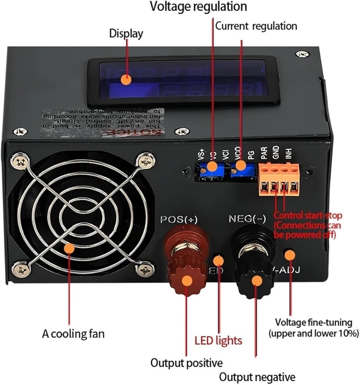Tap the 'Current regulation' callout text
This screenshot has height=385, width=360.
click(256, 26)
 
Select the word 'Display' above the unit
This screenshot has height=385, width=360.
click(126, 33)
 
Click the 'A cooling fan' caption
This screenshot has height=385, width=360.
click(73, 333)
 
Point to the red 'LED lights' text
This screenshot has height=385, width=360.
click(218, 340)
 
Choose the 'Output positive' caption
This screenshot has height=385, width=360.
click(187, 363)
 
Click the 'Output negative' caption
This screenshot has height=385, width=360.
click(257, 377)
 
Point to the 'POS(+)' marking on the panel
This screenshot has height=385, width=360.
click(179, 219)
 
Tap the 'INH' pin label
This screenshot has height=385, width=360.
click(288, 156)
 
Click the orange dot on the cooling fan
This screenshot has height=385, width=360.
click(69, 248)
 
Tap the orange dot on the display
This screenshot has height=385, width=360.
click(126, 80)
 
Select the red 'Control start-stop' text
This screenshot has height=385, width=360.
click(308, 216)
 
